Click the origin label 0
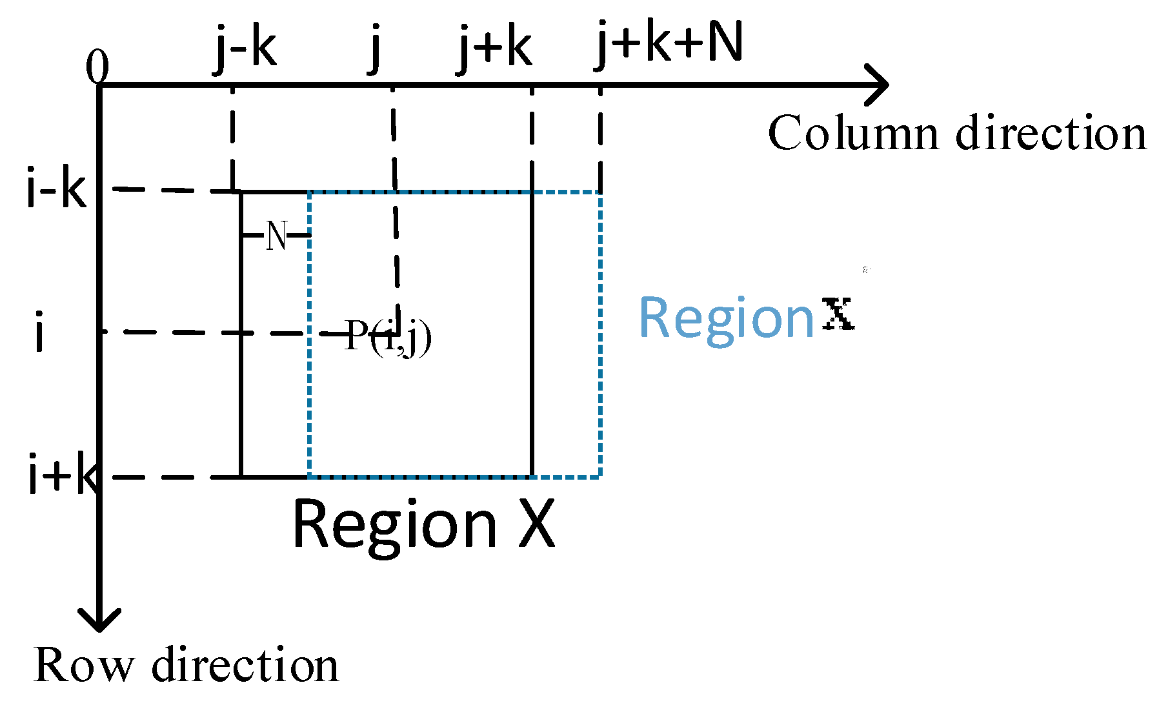pos(97,67)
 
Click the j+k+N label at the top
pos(669,44)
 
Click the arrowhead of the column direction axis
pos(879,85)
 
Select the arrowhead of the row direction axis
pos(99,620)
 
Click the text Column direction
pos(957,133)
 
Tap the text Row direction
pos(186,665)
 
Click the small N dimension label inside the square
pos(276,236)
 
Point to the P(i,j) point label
pos(388,336)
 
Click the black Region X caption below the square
pos(423,524)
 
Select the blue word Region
pos(727,319)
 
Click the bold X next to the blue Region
pos(838,314)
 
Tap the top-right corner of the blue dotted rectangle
pos(601,192)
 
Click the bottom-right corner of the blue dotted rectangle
pos(601,476)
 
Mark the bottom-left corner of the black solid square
pos(241,476)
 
